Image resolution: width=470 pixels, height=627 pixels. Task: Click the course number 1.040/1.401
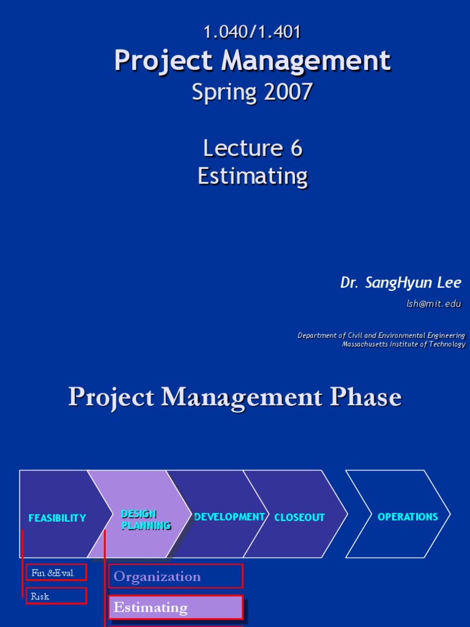(252, 32)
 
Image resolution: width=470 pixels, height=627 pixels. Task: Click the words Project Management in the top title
(252, 61)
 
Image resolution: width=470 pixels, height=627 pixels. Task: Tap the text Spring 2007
(252, 92)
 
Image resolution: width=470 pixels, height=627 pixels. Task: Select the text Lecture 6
(252, 148)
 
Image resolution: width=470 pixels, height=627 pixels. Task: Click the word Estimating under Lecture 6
(252, 176)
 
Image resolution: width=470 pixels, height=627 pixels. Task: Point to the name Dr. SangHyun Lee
(400, 282)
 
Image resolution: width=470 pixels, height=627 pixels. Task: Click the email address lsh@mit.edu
(433, 304)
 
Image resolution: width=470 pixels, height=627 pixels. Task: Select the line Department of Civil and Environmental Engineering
(381, 335)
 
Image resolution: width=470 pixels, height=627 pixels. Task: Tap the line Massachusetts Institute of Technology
(403, 344)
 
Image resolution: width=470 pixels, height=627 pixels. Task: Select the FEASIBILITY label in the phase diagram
(57, 518)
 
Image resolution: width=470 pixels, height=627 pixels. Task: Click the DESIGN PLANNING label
(146, 519)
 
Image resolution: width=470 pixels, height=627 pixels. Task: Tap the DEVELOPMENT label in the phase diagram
(229, 517)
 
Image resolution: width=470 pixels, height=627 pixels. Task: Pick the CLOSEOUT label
(299, 517)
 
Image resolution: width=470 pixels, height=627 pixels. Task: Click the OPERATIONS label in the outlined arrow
(408, 517)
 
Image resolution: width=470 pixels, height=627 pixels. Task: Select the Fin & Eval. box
(56, 573)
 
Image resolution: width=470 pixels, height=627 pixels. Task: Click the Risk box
(56, 596)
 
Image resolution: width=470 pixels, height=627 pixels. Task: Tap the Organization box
(176, 576)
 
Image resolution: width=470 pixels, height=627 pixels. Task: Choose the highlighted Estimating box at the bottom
(176, 607)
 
